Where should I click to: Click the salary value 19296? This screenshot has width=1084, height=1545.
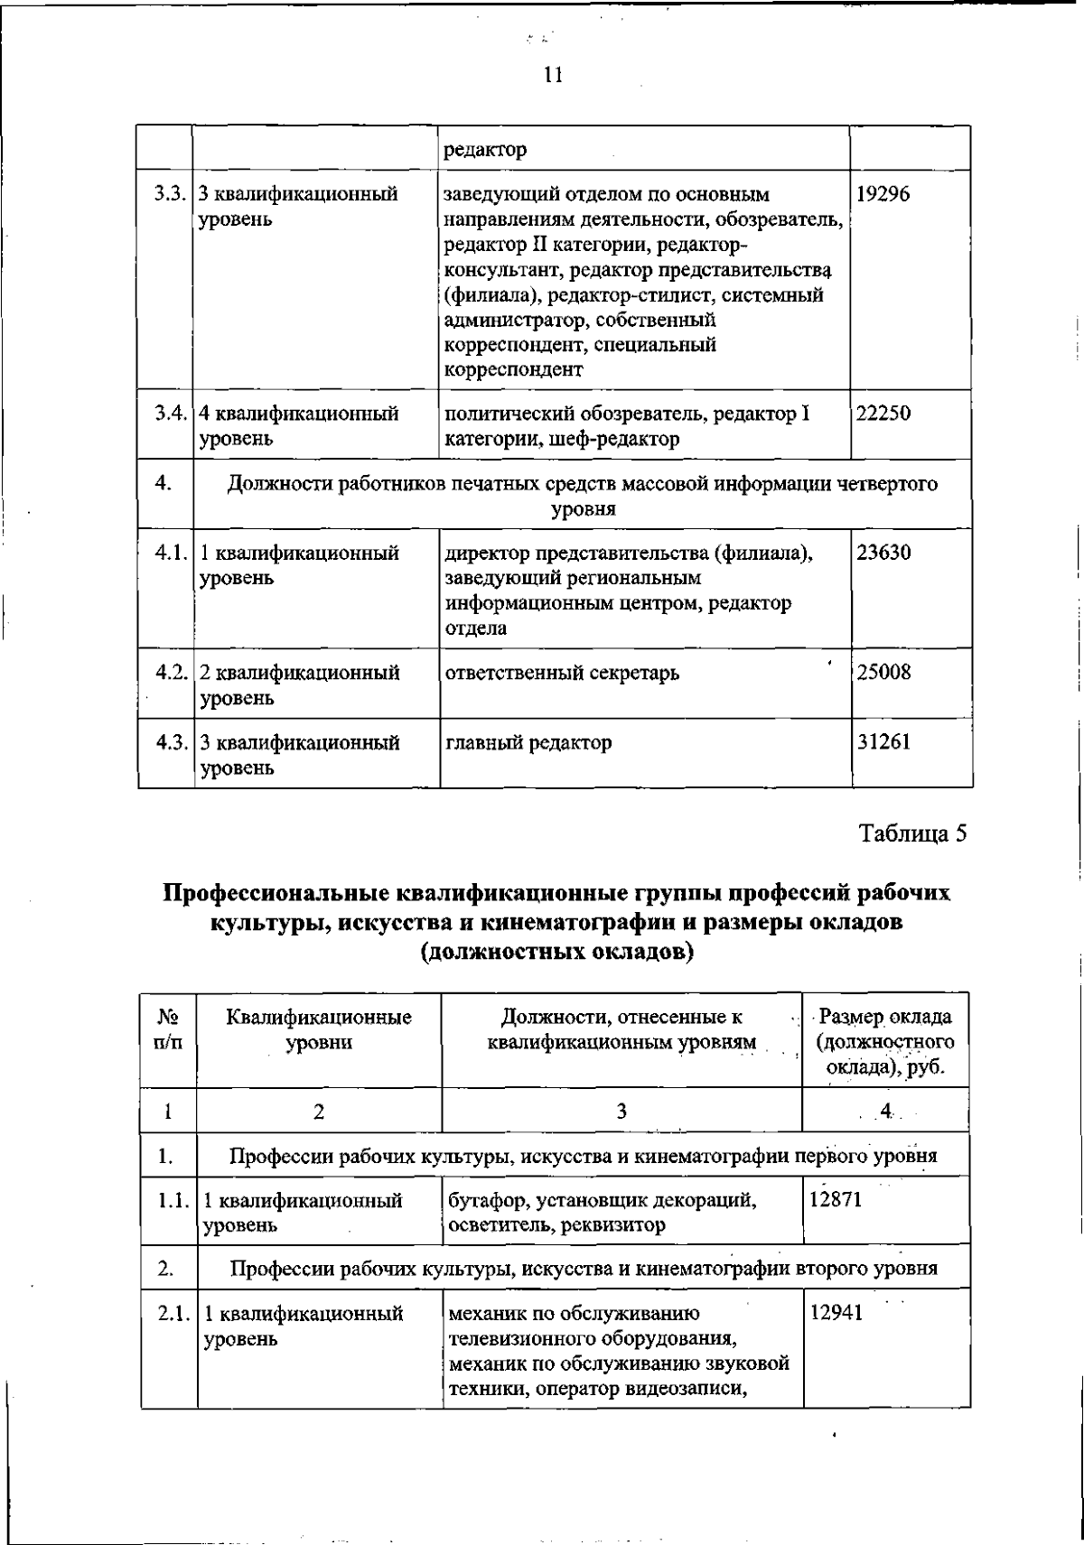tap(882, 194)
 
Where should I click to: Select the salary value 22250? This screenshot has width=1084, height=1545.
tap(883, 414)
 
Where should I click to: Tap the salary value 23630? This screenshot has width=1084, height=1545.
tap(883, 553)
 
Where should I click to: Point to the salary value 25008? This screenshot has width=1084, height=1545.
tap(883, 673)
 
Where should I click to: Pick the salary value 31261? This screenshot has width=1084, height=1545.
tap(883, 742)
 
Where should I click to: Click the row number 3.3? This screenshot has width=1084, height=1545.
tap(169, 194)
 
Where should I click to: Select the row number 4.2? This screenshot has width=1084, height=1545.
tap(169, 673)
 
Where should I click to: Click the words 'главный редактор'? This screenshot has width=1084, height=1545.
tap(528, 742)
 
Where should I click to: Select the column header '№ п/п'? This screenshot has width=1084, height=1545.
tap(168, 1029)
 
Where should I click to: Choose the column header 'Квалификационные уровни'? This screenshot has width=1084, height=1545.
tap(319, 1029)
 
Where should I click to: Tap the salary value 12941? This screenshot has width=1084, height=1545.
tap(836, 1313)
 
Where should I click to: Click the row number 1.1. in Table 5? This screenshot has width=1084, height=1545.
tap(170, 1200)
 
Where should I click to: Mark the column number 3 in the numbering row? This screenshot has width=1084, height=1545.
tap(621, 1111)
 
